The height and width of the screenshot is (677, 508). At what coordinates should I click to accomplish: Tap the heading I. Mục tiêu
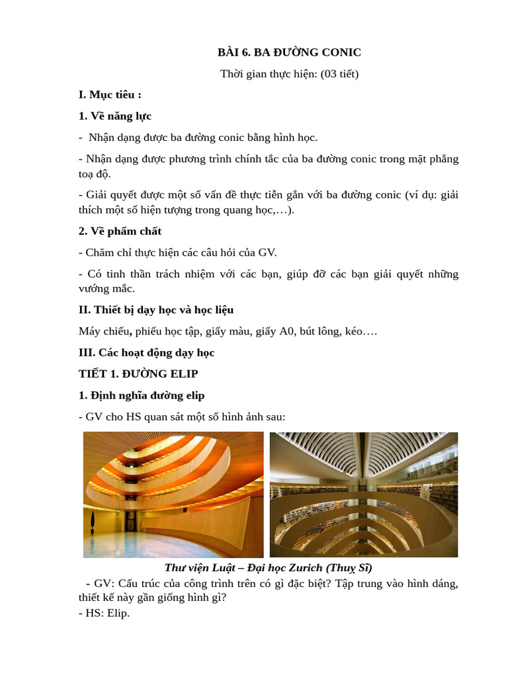click(x=110, y=95)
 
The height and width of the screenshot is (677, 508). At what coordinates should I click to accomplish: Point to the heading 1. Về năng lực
click(x=115, y=116)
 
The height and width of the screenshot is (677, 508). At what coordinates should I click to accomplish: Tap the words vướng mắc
click(x=106, y=288)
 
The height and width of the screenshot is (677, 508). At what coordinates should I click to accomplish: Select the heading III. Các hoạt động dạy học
click(x=147, y=352)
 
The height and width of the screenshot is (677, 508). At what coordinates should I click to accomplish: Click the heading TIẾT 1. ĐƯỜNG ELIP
click(x=138, y=374)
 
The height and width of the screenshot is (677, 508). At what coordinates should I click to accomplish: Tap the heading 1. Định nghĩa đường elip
click(x=142, y=395)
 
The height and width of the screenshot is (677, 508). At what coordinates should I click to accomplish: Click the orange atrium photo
click(x=173, y=495)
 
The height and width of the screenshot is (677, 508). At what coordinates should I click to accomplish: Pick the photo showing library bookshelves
click(x=364, y=495)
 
